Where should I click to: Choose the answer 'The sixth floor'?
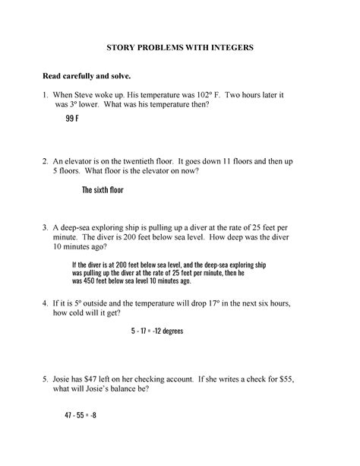[103, 190]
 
